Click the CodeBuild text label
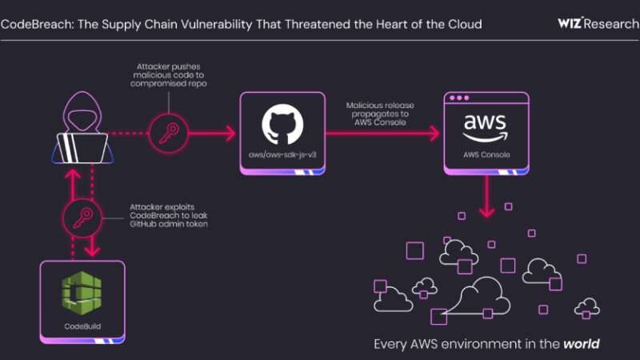click(x=84, y=326)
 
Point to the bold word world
click(x=582, y=345)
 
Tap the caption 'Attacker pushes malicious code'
click(x=169, y=76)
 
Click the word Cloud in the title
click(x=465, y=24)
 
